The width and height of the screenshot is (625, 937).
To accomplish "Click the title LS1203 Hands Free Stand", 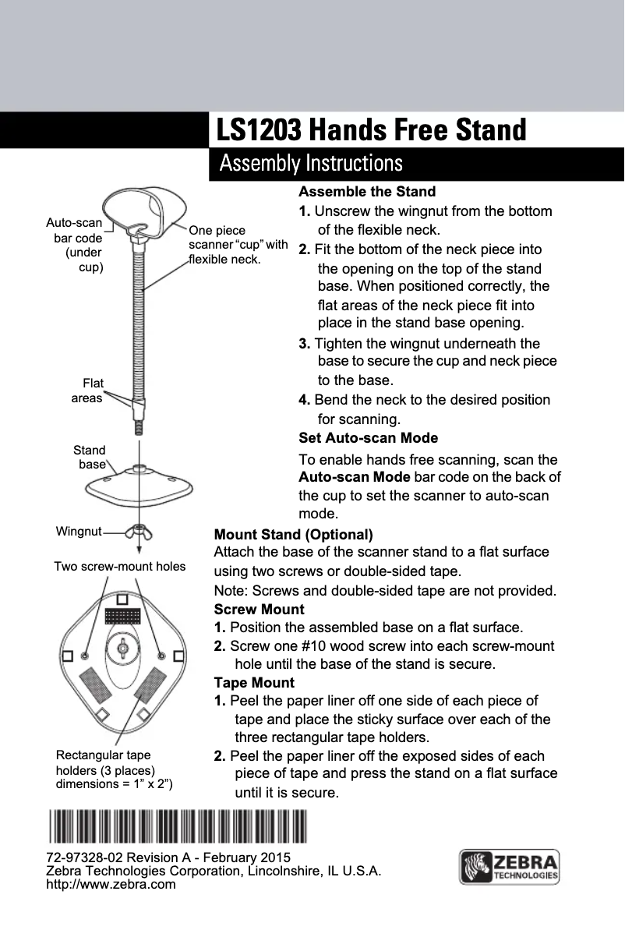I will pos(371,130).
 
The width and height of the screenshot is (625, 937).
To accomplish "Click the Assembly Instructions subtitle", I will pos(311,164).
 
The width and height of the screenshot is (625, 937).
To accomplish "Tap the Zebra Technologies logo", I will pos(510,868).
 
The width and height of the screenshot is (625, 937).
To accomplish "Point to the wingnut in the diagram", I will pos(138,532).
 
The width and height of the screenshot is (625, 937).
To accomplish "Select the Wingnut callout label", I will pos(79,532).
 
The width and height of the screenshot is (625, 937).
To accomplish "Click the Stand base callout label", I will pos(90,458).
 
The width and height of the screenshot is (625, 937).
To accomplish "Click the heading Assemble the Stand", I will pos(367,192).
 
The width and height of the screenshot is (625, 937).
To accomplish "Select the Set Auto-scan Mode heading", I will pos(369,438).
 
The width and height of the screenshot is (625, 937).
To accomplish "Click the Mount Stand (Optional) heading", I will pos(294,535).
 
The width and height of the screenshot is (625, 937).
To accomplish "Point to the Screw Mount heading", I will pos(259,609).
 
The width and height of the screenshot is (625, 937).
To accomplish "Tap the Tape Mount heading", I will pos(254,684).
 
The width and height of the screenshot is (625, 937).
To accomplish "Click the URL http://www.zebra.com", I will pos(111,885).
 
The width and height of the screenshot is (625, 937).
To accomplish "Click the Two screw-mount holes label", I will pos(119,567).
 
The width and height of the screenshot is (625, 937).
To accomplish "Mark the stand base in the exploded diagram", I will pos(139,485).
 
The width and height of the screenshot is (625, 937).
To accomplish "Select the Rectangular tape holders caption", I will pos(114,769).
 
